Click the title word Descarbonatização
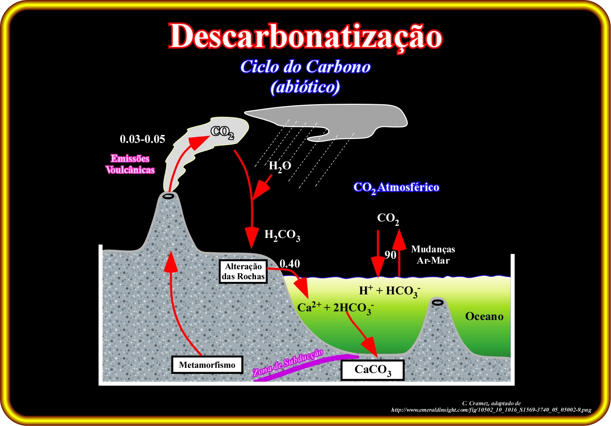tap(305, 36)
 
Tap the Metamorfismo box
tap(207, 365)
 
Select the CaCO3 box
tap(373, 370)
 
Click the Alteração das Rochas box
tap(243, 271)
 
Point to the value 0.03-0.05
tap(142, 139)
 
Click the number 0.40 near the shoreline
tap(290, 264)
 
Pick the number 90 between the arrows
tap(390, 255)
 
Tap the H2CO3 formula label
tap(283, 235)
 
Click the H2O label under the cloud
tap(280, 166)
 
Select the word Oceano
tap(484, 316)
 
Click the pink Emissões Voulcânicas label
tap(130, 164)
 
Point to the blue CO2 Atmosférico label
tap(396, 188)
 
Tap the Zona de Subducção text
tap(288, 363)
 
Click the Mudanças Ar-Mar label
tap(433, 254)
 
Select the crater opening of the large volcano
tap(168, 196)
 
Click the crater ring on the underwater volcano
tap(438, 302)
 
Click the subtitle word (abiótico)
tap(305, 87)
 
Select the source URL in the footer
tap(491, 410)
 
